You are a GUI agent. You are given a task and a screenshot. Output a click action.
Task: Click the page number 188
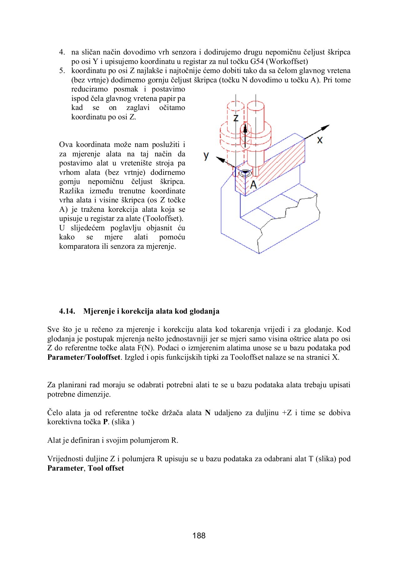(x=199, y=535)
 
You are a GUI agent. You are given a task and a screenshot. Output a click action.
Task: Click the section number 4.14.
(x=67, y=311)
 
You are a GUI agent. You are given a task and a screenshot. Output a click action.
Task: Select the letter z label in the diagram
(x=236, y=118)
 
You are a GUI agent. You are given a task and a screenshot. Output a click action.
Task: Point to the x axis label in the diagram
(x=319, y=140)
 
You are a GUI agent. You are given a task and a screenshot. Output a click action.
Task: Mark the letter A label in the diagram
(x=253, y=185)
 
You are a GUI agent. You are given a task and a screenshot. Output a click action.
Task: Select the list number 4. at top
(x=62, y=52)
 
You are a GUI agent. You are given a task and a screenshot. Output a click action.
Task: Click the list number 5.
(x=62, y=71)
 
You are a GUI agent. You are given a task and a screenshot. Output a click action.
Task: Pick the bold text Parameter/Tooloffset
(x=84, y=357)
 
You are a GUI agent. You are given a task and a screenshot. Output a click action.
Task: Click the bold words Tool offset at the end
(x=106, y=468)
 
